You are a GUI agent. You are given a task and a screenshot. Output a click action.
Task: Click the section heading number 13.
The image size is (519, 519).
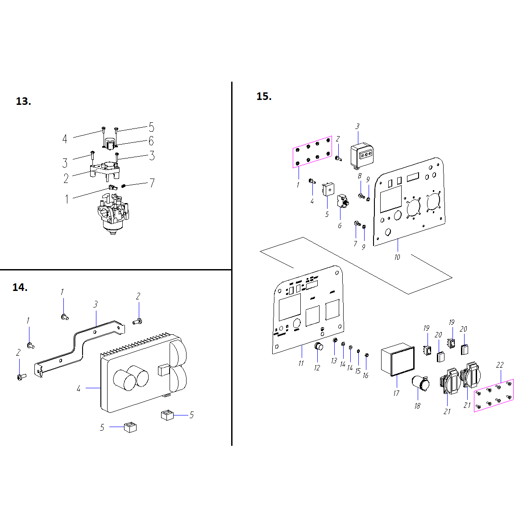click(x=23, y=101)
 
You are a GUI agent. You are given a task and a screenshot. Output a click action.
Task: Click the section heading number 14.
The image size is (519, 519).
click(x=20, y=287)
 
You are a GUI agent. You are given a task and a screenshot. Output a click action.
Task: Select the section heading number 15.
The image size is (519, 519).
click(x=264, y=96)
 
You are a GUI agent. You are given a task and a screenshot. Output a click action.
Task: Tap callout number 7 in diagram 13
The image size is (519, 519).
click(x=152, y=183)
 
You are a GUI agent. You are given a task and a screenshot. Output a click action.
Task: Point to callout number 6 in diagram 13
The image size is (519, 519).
click(x=151, y=141)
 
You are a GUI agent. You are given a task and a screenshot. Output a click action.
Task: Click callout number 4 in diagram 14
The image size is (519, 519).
click(x=79, y=389)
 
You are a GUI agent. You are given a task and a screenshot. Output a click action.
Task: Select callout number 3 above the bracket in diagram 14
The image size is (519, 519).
click(x=95, y=304)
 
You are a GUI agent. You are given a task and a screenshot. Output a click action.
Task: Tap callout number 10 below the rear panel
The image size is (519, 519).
click(x=397, y=257)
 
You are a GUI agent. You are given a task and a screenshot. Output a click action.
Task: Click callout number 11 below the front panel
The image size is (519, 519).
click(x=301, y=363)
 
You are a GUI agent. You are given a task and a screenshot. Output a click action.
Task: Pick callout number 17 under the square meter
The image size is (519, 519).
click(x=396, y=393)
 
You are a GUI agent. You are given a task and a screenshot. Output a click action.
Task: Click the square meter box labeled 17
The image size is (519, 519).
click(x=398, y=360)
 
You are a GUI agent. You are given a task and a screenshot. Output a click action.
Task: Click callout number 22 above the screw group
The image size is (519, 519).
click(x=500, y=365)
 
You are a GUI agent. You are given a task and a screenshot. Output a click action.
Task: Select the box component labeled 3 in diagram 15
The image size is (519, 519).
click(x=362, y=155)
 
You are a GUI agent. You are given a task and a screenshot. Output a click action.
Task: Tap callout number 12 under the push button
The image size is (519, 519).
click(x=317, y=368)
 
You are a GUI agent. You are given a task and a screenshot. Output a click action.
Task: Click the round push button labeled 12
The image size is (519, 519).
click(x=319, y=347)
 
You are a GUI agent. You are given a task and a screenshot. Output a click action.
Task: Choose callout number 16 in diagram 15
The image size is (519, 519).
click(x=365, y=376)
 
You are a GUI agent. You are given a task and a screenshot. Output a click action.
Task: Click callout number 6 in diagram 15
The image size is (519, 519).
click(x=340, y=226)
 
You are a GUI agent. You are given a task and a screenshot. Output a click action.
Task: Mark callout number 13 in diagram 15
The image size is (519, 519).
click(x=334, y=361)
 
